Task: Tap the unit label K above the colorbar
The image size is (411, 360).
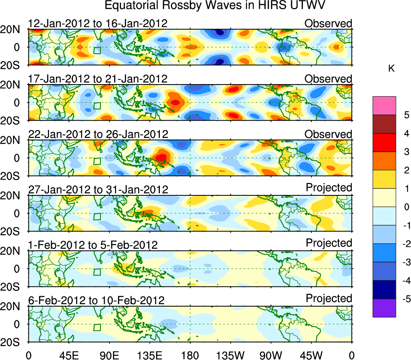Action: pos(391,69)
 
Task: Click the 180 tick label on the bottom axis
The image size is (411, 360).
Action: pos(190,355)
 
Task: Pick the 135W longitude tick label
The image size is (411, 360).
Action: pos(230,355)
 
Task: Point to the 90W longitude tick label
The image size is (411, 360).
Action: pos(271,355)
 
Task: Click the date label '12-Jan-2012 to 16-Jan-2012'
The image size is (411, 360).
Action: pos(98,23)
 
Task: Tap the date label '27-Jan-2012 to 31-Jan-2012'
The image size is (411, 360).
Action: pos(98,189)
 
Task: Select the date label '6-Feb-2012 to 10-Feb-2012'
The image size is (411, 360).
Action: pos(96,301)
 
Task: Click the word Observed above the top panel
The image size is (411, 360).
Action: pos(328,23)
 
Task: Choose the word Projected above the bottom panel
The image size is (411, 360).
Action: pos(329,299)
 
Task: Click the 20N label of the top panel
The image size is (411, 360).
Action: pos(13,29)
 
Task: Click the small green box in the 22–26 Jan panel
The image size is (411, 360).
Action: pos(97,161)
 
